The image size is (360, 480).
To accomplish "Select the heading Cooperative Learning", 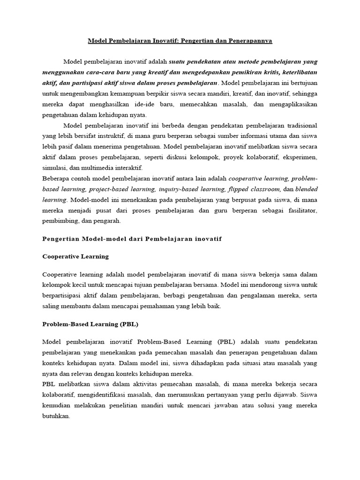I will pos(75,256).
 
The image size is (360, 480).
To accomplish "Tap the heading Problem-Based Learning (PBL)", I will pos(90,324).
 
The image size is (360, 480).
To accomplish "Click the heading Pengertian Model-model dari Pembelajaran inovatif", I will pos(132,239).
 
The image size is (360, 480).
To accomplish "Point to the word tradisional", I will pos(298,126).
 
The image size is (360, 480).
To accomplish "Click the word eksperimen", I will pos(298,157).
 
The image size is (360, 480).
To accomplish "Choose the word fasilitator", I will pos(300,210).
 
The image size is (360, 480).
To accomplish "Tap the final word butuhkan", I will pos(56,416).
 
